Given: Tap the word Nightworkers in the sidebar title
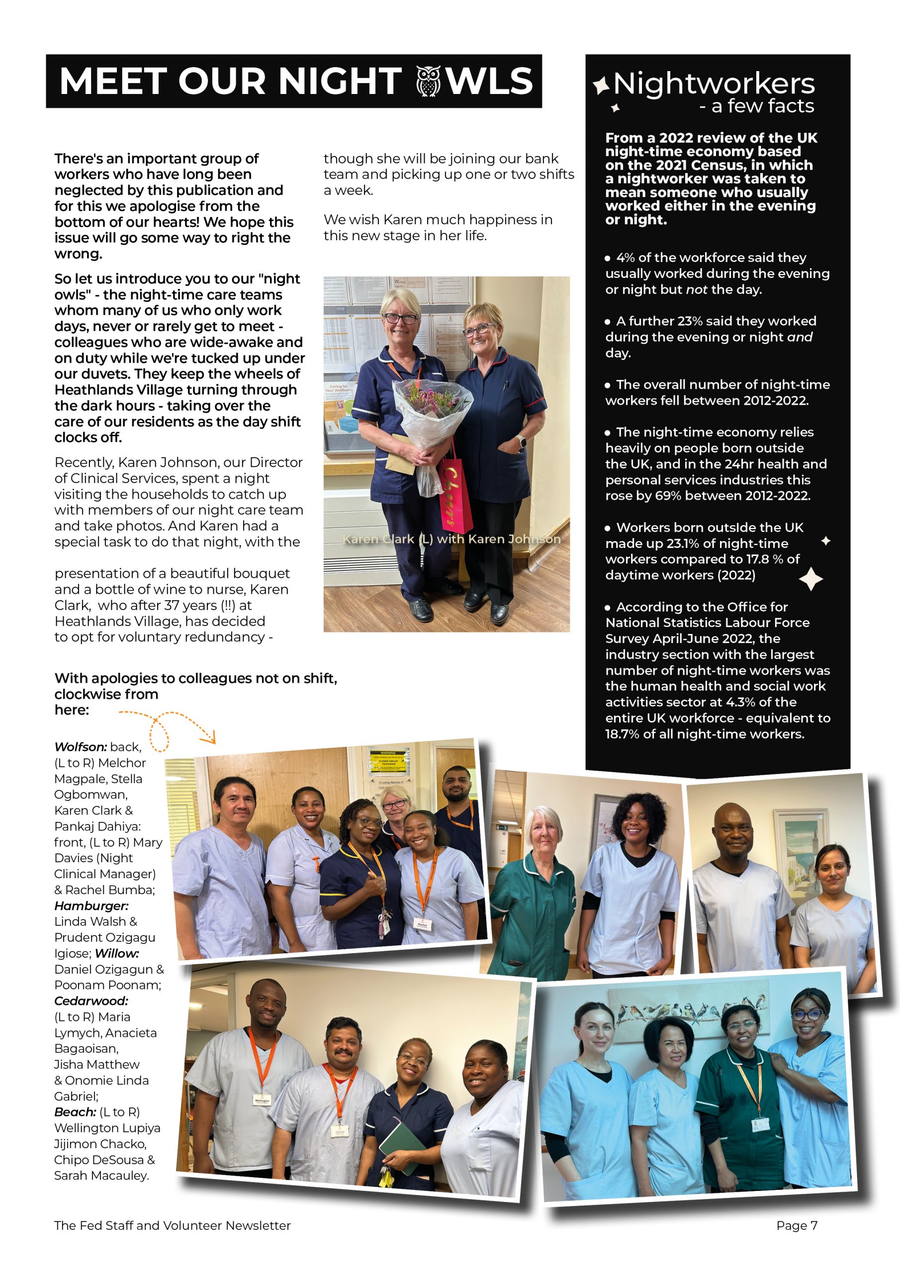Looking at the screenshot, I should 714,84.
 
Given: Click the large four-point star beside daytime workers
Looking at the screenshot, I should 810,579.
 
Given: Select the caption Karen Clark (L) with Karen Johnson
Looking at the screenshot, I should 451,539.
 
